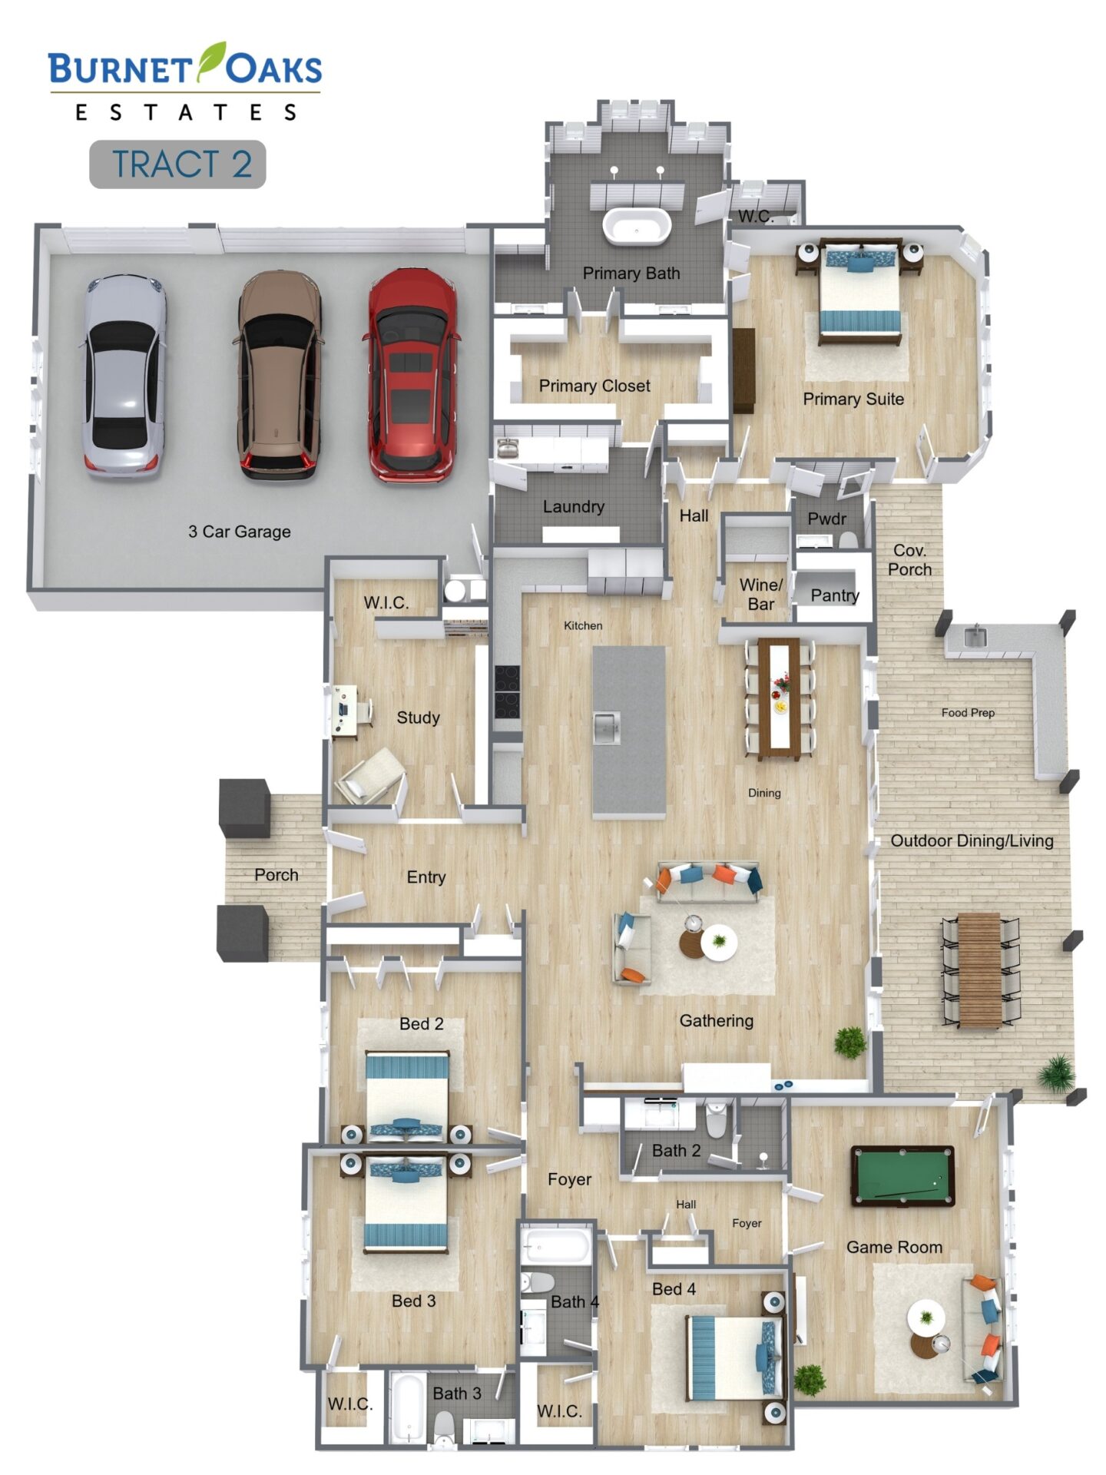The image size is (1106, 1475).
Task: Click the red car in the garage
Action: click(x=412, y=375)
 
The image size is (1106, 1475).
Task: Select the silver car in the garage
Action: click(x=123, y=376)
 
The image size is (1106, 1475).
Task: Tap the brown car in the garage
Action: click(x=279, y=375)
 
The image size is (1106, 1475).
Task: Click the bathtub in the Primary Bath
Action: click(x=637, y=226)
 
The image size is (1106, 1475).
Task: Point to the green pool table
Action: click(x=903, y=1175)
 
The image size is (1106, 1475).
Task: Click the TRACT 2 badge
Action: click(x=177, y=164)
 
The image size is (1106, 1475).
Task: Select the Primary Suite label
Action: click(x=853, y=399)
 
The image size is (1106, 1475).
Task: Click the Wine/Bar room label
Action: click(x=760, y=595)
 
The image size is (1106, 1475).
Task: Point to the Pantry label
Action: click(x=835, y=595)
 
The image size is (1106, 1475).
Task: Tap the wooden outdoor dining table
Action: click(x=979, y=970)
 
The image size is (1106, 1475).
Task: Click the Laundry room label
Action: click(x=573, y=506)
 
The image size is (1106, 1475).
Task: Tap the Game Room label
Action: click(x=894, y=1247)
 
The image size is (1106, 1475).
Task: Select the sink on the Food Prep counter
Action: click(x=974, y=637)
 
